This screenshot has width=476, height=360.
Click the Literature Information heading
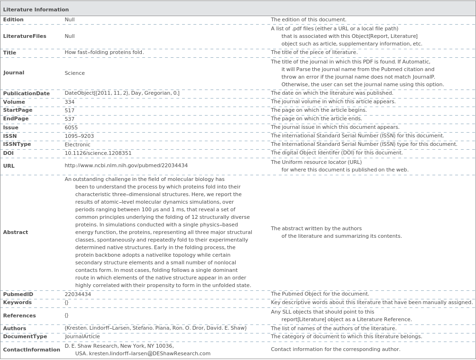[x=36, y=9]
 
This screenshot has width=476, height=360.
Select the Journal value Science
[x=74, y=73]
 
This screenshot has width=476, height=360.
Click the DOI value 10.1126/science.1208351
[x=98, y=153]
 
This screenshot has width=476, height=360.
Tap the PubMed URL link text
[x=126, y=166]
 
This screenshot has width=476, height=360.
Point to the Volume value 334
[x=70, y=102]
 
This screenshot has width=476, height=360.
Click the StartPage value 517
[x=70, y=110]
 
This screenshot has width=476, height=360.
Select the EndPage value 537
[x=70, y=119]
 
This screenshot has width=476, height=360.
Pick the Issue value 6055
[x=71, y=127]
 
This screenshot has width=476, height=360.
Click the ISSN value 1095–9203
[x=79, y=136]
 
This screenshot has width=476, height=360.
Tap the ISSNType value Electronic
[x=77, y=144]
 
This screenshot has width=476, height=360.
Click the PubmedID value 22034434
[x=78, y=294]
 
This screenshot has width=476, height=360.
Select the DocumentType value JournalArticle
[x=82, y=337]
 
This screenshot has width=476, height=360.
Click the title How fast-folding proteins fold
[x=104, y=53]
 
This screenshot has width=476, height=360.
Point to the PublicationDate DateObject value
[x=122, y=93]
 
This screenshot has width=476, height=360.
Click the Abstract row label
[x=16, y=232]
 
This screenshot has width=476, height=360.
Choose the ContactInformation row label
[x=31, y=350]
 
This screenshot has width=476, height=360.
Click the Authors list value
[x=156, y=328]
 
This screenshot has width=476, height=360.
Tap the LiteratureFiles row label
[x=25, y=36]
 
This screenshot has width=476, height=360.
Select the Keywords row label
[x=18, y=302]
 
